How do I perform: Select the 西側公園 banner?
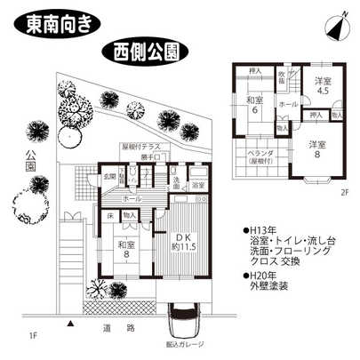(144, 50)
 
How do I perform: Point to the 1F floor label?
(33, 336)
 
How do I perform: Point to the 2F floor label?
(342, 190)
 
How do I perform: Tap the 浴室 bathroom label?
(199, 185)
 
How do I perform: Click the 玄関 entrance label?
(108, 176)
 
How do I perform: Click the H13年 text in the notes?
(260, 228)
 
